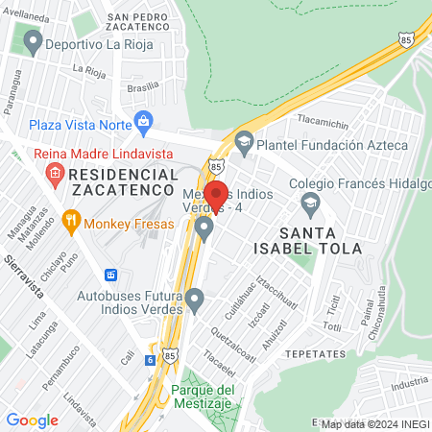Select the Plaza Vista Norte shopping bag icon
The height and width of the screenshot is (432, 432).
144,122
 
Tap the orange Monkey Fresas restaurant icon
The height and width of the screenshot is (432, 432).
70,224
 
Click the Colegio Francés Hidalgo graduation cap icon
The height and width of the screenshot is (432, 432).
310,204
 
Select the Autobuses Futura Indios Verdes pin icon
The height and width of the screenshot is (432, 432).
195,303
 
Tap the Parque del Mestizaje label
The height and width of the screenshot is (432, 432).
203,396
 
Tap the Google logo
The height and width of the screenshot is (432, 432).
33,420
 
